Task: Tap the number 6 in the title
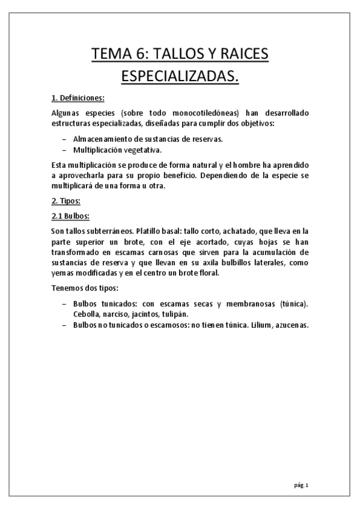(140, 56)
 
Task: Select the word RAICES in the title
(240, 56)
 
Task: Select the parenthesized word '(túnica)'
(294, 304)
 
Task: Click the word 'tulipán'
(175, 315)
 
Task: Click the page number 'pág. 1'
(301, 485)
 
